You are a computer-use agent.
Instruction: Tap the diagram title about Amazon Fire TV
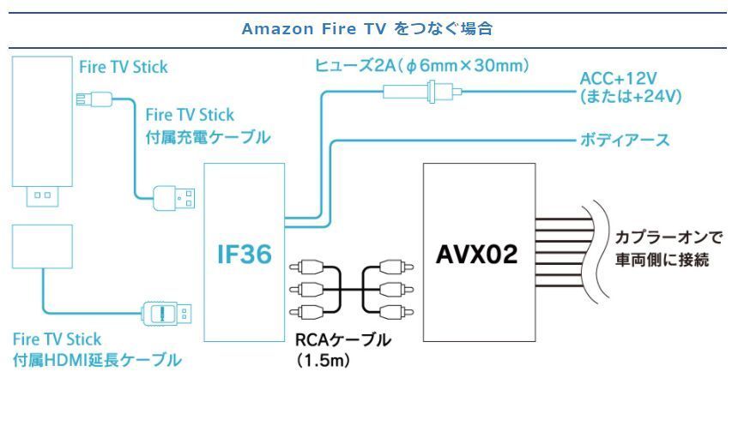click(366, 28)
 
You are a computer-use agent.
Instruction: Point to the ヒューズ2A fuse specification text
click(422, 65)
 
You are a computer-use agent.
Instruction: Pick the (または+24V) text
click(631, 97)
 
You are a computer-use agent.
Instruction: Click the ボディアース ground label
click(626, 140)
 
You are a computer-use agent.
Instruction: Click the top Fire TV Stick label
click(123, 66)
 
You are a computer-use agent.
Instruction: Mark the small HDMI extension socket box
click(43, 246)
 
